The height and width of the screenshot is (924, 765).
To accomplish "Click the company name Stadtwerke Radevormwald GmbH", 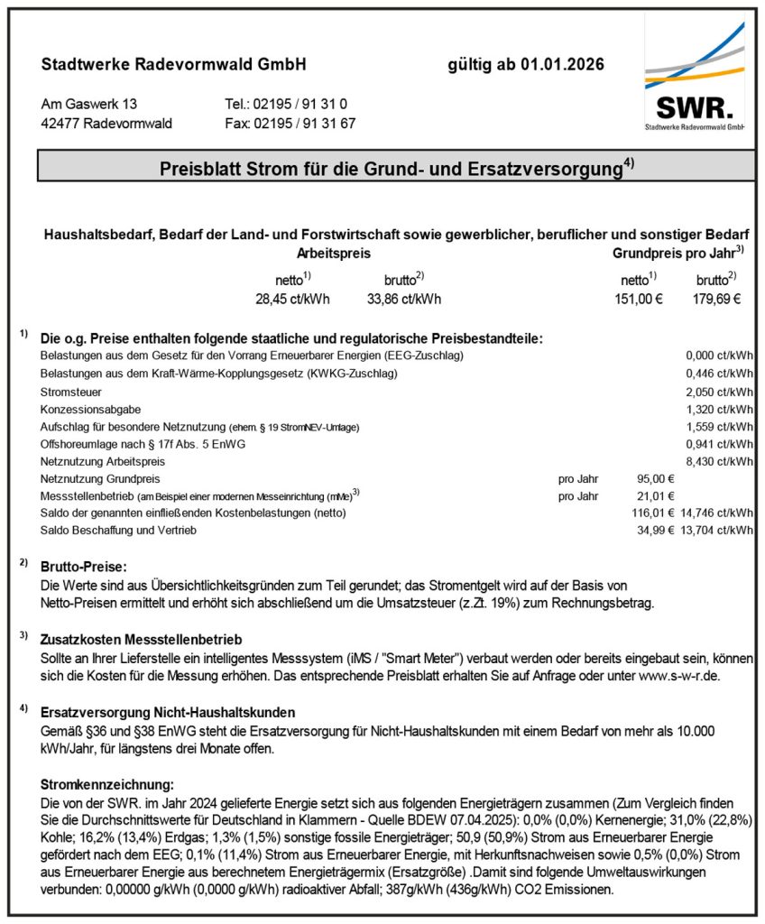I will pyautogui.click(x=174, y=65).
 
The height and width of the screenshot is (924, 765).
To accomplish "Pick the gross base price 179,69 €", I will pyautogui.click(x=718, y=300).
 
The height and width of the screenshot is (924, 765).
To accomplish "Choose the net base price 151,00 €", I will pyautogui.click(x=636, y=300).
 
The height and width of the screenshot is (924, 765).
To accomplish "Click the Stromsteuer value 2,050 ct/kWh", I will pyautogui.click(x=719, y=393).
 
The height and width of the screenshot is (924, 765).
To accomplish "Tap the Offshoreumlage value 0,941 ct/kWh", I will pyautogui.click(x=719, y=444).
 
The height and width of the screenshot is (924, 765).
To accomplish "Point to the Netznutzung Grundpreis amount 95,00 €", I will pyautogui.click(x=655, y=478).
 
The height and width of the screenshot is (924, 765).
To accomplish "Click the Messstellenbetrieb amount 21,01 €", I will pyautogui.click(x=655, y=495).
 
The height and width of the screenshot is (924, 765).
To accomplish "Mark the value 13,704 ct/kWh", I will pyautogui.click(x=719, y=530).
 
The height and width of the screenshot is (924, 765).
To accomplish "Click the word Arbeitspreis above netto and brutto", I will pyautogui.click(x=333, y=254).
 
